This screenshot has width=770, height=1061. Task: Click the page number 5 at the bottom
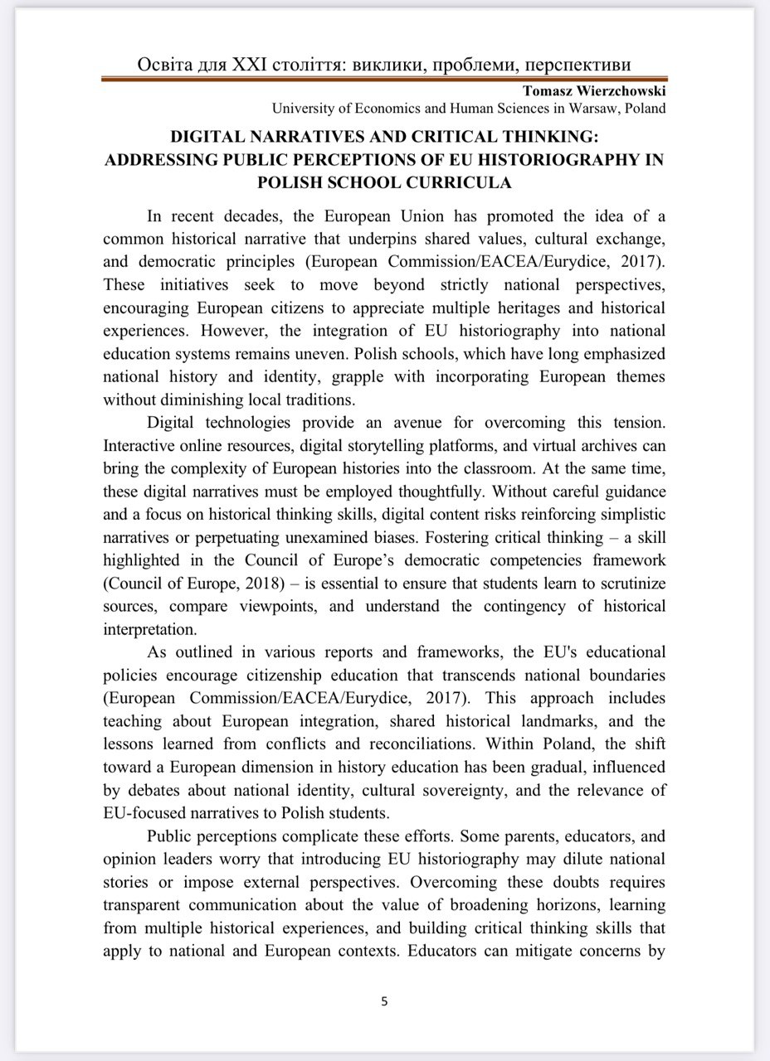click(x=384, y=1000)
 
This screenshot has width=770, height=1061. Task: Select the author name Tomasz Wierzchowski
click(x=595, y=91)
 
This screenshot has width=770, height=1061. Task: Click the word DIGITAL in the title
click(x=212, y=137)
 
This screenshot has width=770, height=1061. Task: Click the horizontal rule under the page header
click(x=384, y=80)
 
